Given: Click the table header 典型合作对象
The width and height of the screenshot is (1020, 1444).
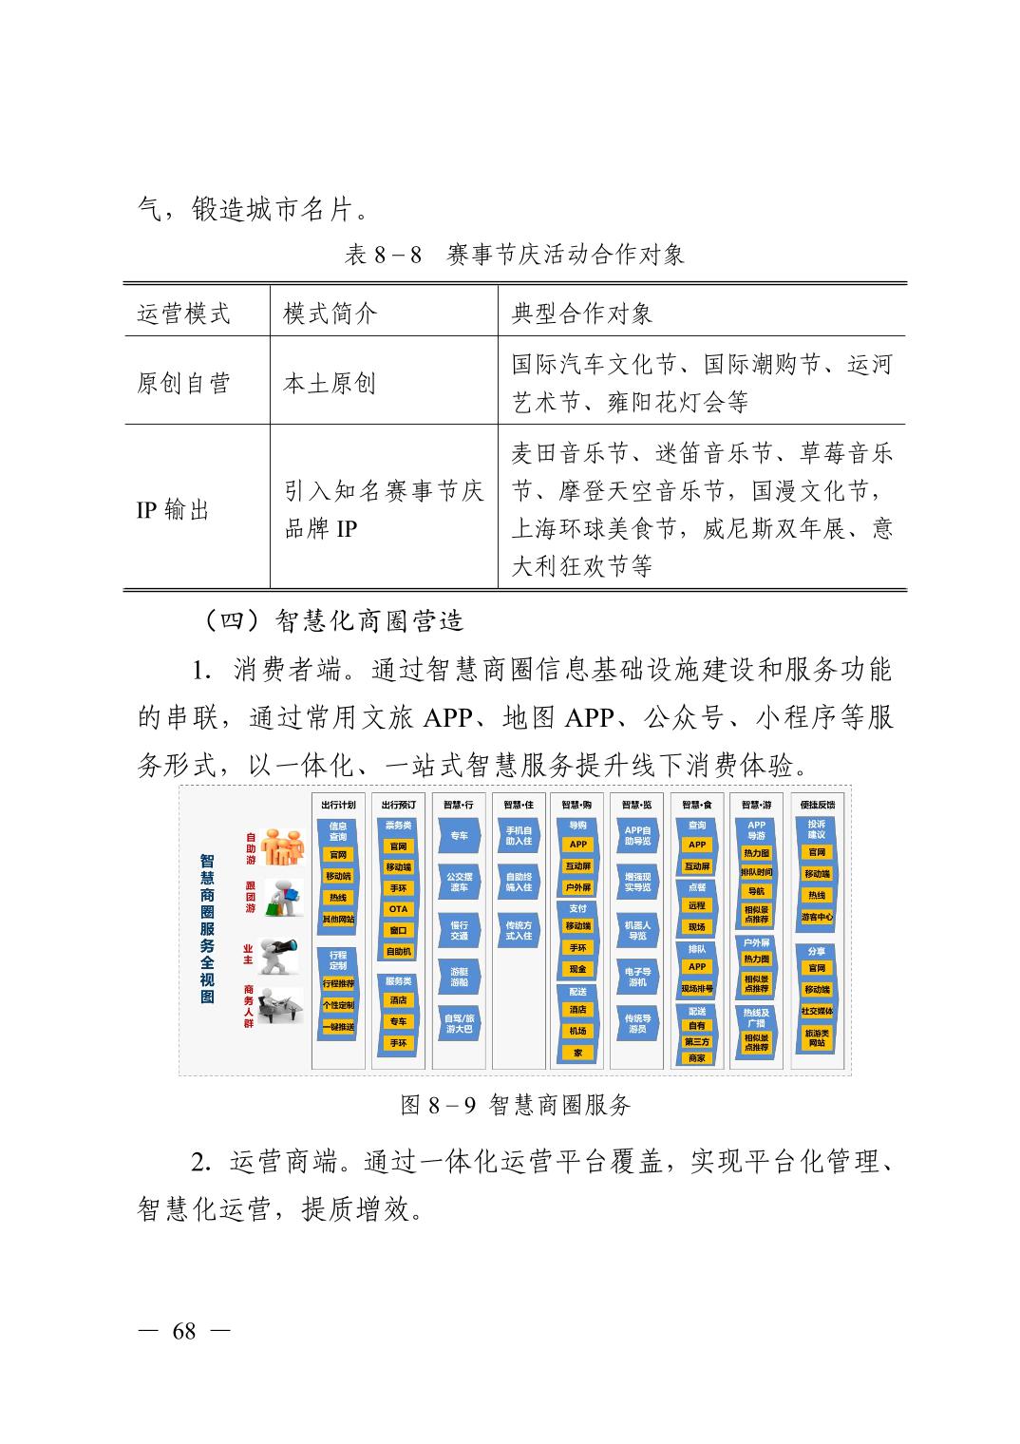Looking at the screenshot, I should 582,313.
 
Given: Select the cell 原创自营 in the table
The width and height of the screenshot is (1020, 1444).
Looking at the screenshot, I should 184,383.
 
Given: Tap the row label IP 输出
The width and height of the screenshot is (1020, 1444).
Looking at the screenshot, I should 172,510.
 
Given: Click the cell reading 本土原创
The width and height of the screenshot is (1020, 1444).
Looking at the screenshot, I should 330,383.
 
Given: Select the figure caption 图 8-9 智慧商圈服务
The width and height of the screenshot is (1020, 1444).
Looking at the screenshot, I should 516,1105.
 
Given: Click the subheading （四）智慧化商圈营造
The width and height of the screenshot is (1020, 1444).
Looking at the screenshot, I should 331,620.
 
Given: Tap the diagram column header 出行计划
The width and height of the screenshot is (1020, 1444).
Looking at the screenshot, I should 338,805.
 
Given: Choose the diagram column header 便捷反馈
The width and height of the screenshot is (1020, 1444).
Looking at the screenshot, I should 817,805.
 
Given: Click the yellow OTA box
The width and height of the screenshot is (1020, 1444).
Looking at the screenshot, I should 398,909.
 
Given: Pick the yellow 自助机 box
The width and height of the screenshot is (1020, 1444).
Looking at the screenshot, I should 398,951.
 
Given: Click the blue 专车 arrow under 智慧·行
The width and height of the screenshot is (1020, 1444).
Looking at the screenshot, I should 459,836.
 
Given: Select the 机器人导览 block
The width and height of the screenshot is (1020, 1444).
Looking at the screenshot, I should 637,930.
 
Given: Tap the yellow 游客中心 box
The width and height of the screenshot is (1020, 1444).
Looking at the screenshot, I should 817,917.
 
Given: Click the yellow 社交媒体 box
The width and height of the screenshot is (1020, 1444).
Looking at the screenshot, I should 817,1011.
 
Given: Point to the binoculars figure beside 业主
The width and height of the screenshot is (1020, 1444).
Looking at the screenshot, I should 281,951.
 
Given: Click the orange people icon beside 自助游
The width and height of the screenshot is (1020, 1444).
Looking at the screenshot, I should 282,845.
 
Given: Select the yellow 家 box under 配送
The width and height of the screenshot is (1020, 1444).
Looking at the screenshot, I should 577,1053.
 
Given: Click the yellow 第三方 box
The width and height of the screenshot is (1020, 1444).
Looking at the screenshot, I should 697,1041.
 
